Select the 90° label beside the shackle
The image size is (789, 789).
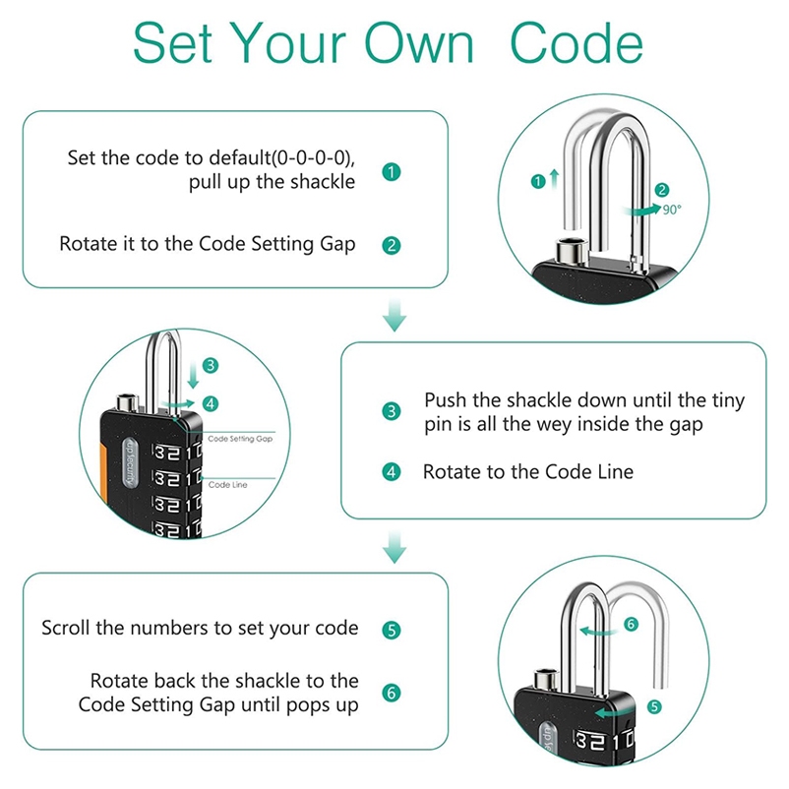tap(672, 210)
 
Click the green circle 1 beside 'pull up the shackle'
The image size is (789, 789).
tap(392, 171)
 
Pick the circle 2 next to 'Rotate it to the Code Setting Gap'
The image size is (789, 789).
tap(392, 245)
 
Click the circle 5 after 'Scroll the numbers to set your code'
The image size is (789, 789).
tap(392, 629)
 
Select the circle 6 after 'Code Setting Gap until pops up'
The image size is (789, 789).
tap(392, 693)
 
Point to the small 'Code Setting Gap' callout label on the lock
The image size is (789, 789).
tap(240, 439)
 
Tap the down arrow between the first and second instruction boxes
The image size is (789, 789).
tap(394, 317)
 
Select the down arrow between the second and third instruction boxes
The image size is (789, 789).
tap(394, 547)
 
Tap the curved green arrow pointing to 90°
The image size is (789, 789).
tap(645, 209)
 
